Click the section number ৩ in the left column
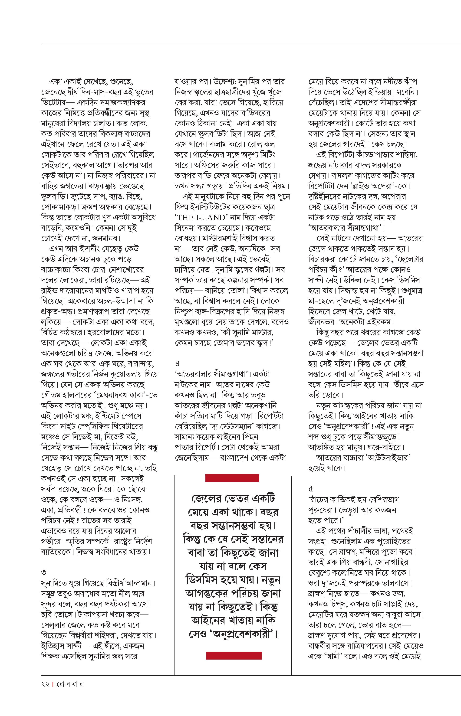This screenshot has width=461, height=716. pos(44,573)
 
